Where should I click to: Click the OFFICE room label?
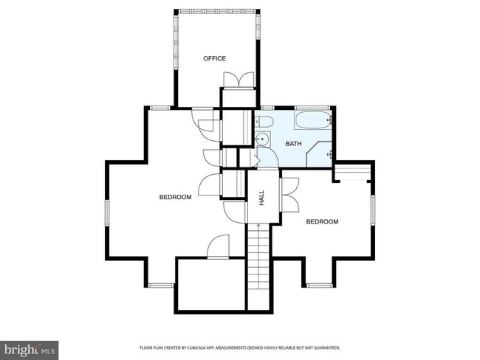coord(215,58)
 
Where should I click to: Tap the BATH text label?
coord(294,143)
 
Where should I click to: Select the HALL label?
coord(261,197)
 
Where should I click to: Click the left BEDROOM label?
coord(176,197)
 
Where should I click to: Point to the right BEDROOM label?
coord(322,221)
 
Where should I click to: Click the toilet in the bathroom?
coord(265,122)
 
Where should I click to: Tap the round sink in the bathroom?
coord(261,139)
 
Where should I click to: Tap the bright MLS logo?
coord(30,347)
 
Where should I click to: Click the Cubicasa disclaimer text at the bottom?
coord(239,347)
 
